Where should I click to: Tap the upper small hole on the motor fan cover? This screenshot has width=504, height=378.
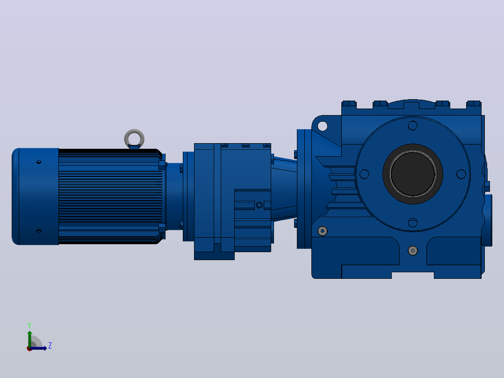39,162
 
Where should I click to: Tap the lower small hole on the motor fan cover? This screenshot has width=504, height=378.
39,231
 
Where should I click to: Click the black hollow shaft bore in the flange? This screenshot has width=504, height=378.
413,174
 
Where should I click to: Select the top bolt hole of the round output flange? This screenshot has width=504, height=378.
413,125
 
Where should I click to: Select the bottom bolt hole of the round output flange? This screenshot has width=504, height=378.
413,223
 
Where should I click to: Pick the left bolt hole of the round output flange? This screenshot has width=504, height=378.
364,174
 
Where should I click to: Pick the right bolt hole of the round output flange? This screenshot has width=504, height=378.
461,174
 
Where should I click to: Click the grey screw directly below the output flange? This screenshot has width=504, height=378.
413,250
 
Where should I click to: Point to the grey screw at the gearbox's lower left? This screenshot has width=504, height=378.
323,231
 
